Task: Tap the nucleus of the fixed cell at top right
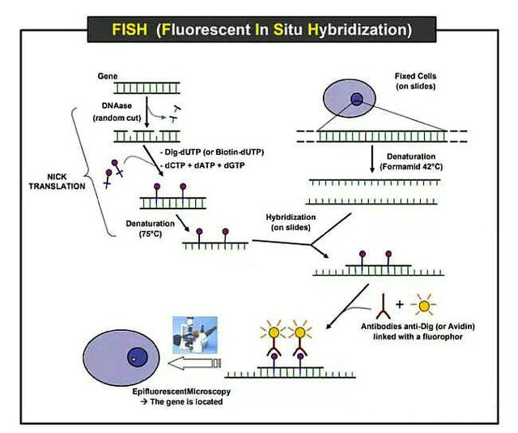(355, 99)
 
